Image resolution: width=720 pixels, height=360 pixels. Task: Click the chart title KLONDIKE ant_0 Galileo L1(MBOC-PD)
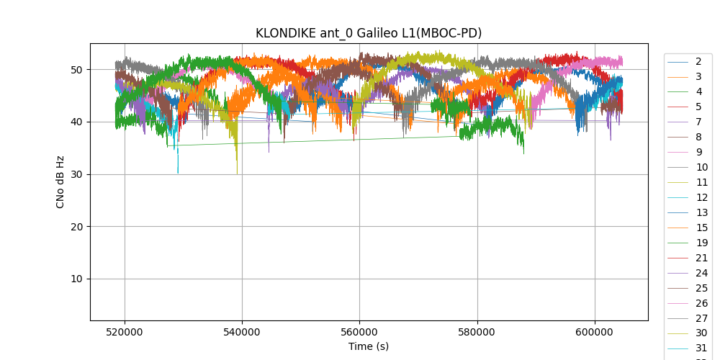click(x=369, y=33)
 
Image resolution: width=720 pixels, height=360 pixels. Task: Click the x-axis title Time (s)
click(x=369, y=346)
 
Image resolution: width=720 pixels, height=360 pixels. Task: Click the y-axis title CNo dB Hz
click(x=60, y=182)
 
